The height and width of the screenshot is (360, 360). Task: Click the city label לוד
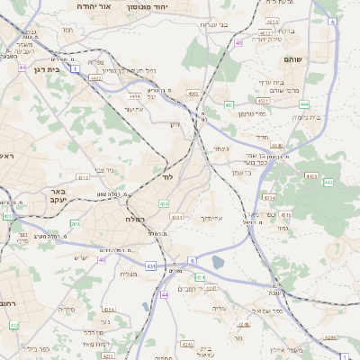(x=167, y=177)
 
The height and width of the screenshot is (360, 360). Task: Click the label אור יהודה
(x=94, y=5)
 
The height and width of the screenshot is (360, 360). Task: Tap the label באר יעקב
(x=59, y=196)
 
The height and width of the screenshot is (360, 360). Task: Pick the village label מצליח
(x=129, y=274)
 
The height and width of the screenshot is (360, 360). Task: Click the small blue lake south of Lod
(x=218, y=263)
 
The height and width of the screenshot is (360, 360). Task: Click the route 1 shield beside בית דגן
(x=76, y=68)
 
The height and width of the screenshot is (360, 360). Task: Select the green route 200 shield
(x=75, y=223)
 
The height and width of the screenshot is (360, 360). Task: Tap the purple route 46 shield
(x=238, y=42)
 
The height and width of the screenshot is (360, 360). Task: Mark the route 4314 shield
(x=268, y=196)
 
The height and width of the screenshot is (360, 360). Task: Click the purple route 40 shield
(x=103, y=260)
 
